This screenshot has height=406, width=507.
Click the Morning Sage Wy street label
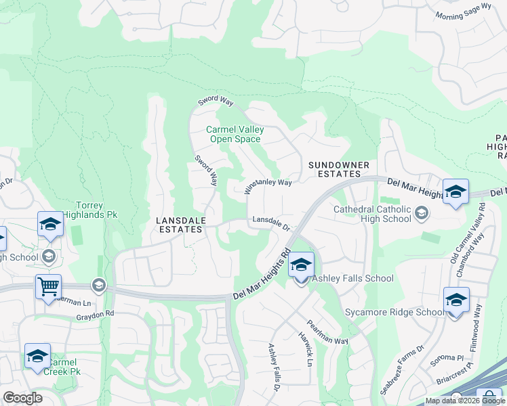tap(463, 12)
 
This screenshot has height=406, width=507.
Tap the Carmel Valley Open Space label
tap(235, 134)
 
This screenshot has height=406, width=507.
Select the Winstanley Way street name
tap(268, 185)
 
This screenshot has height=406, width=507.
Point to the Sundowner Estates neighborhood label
tap(339, 169)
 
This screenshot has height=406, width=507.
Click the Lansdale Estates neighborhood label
tap(180, 225)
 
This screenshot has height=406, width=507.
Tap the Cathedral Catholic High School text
tap(372, 214)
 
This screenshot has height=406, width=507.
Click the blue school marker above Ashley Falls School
tap(301, 265)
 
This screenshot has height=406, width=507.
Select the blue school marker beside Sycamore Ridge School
tap(456, 300)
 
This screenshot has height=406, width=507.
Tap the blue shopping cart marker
tap(48, 287)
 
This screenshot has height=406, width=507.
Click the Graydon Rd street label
tap(95, 314)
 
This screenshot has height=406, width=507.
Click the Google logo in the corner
tap(22, 398)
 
